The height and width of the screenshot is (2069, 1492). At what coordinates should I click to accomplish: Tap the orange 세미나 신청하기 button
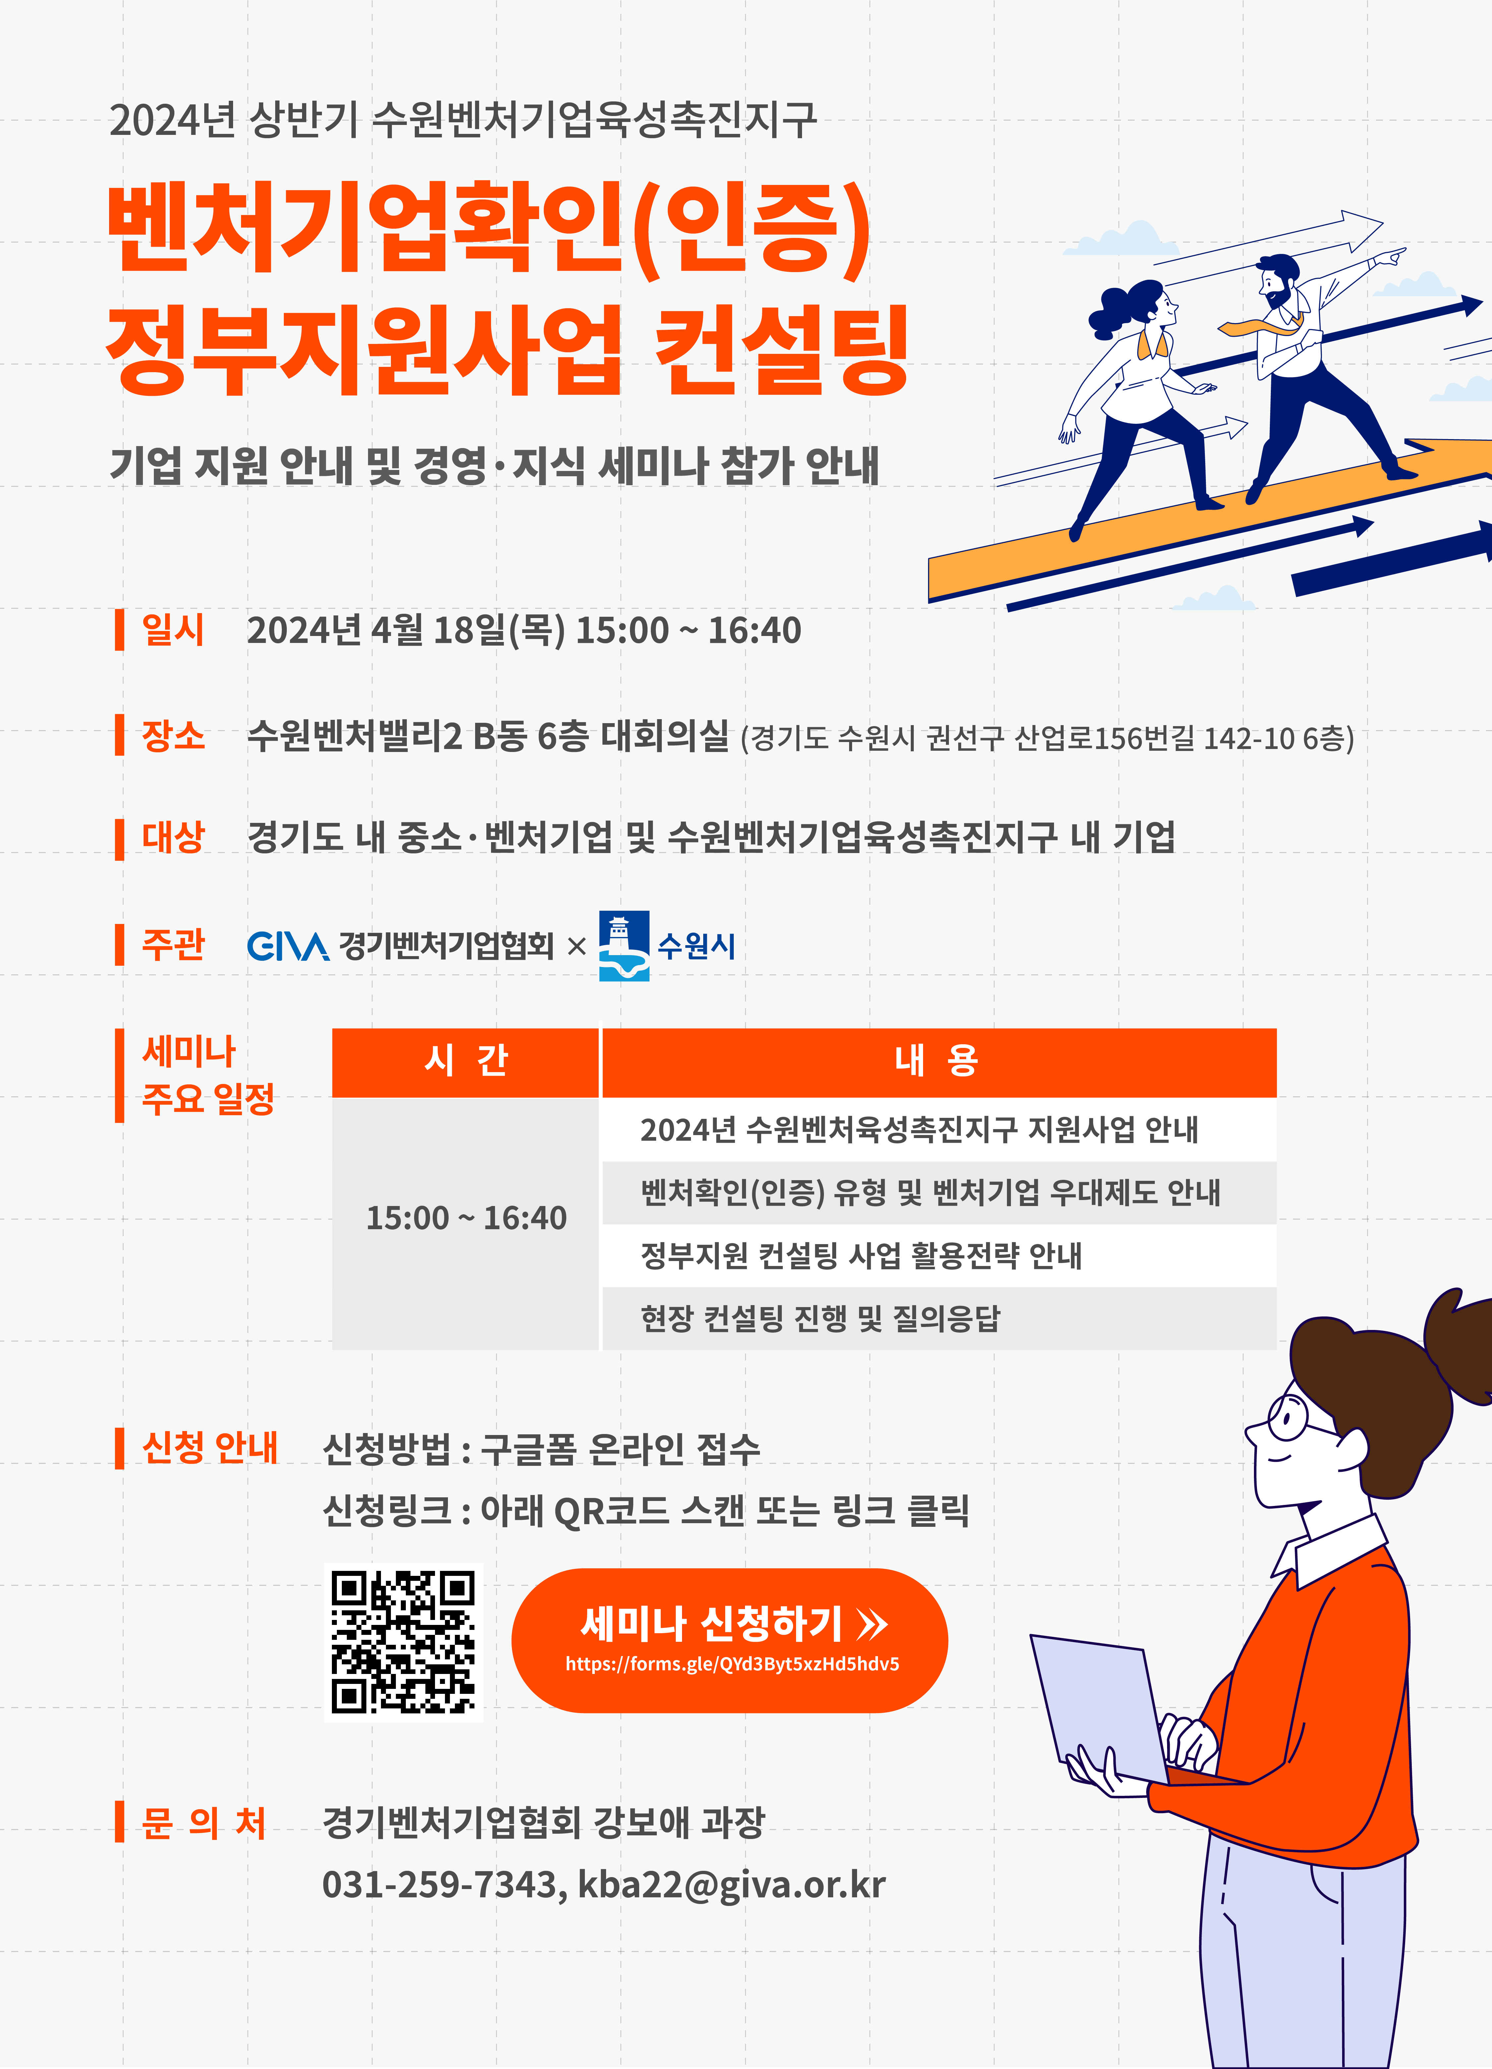point(729,1640)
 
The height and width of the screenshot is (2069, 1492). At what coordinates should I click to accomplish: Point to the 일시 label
point(172,629)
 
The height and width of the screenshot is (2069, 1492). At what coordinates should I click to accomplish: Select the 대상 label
point(172,837)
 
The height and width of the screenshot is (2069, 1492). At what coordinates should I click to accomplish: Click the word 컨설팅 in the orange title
point(782,350)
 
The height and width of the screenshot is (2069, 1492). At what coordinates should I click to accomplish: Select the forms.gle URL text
point(732,1664)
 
